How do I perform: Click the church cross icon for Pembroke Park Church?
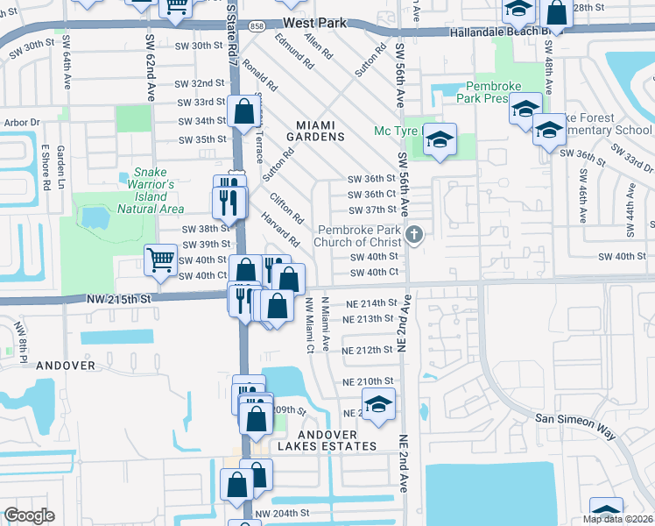point(416,234)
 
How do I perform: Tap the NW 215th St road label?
point(119,299)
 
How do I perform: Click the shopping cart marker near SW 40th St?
point(160,259)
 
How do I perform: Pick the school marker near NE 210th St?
point(378,404)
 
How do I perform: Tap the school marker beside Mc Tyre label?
point(440,139)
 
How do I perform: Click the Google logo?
point(29,515)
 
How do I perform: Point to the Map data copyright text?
point(618,519)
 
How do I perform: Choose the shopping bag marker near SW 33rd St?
point(243,111)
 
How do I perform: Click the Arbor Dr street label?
point(24,123)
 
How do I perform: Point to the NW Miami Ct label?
point(309,325)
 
